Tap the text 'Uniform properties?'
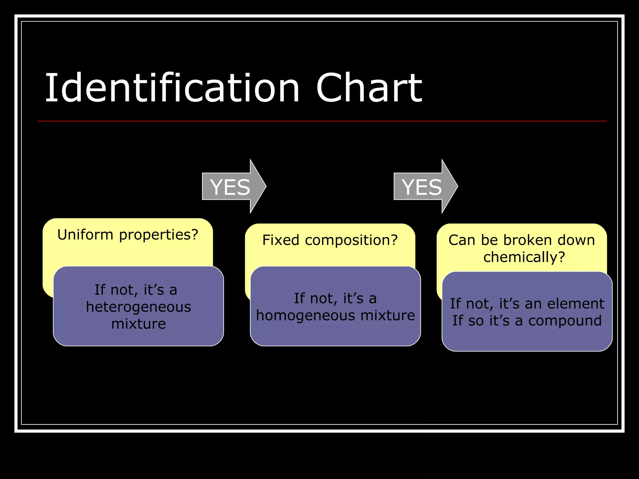pos(128,235)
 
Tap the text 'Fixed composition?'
pos(330,240)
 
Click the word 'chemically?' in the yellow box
pos(524,257)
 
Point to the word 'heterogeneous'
pos(138,307)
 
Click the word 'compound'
pos(565,321)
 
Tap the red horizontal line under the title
pos(322,121)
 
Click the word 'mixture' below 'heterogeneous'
pos(138,324)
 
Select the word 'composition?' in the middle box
pos(351,240)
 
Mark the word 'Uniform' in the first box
pos(85,235)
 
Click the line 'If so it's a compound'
pos(527,321)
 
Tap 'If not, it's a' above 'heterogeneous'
pos(136,290)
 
